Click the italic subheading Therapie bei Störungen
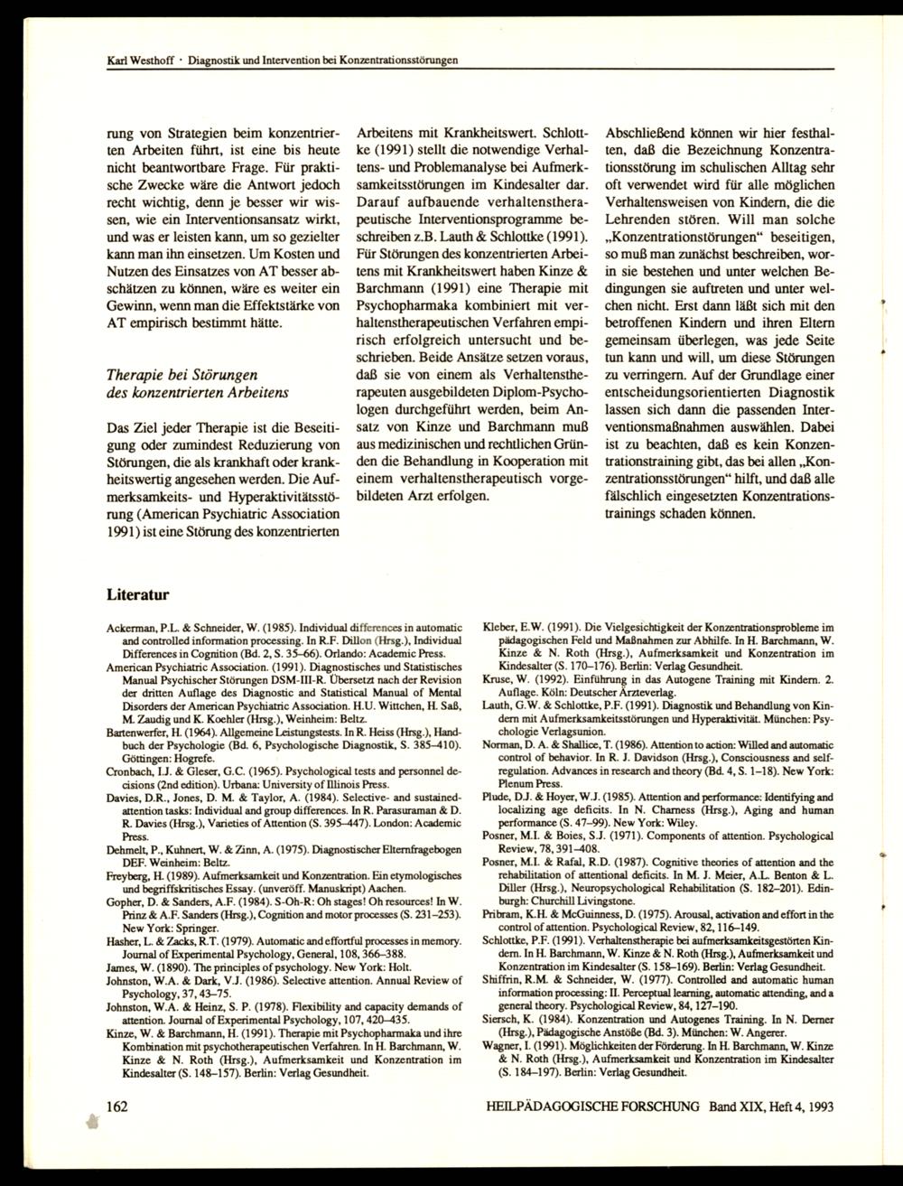point(182,374)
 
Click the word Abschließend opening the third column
point(648,130)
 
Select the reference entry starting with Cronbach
point(284,773)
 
